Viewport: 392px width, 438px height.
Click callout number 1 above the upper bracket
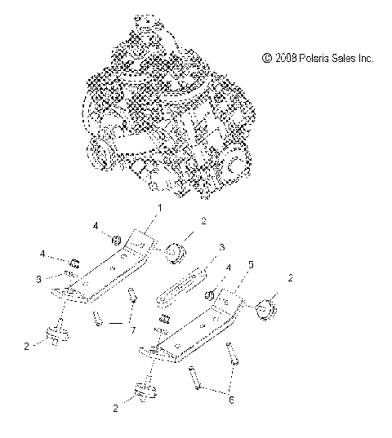pos(160,208)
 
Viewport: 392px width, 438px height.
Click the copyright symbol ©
pos(265,58)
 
